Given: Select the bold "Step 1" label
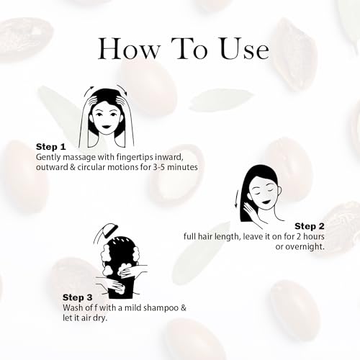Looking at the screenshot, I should coord(51,146).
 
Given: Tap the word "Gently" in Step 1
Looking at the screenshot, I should coord(50,157).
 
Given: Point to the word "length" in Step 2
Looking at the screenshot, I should coord(215,236).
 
